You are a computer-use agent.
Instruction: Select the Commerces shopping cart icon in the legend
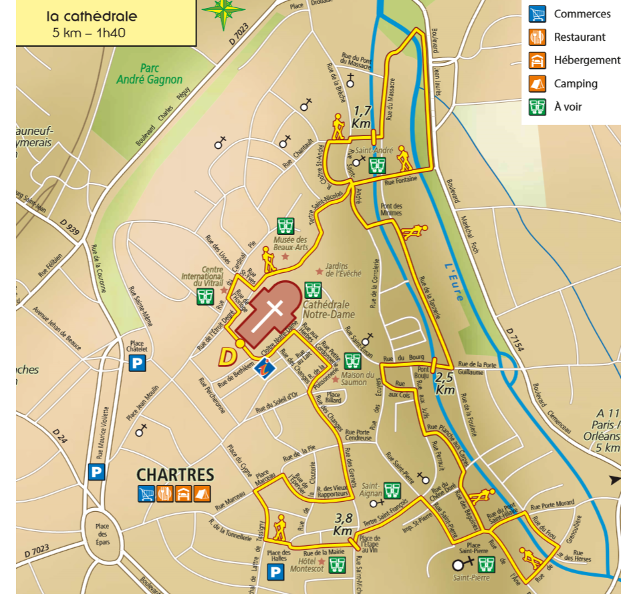[536, 14]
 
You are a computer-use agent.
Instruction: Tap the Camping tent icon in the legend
[536, 83]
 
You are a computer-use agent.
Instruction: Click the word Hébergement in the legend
[587, 60]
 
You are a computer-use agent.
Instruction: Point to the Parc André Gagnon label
[149, 73]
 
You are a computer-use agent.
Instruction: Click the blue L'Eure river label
[455, 281]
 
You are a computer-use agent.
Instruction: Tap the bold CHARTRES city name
[175, 475]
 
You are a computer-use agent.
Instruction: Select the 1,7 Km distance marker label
[362, 117]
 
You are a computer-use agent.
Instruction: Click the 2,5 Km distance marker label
[445, 383]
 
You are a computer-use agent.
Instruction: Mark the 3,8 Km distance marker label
[344, 525]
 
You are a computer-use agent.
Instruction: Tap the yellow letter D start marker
[228, 357]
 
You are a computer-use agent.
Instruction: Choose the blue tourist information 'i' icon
[267, 366]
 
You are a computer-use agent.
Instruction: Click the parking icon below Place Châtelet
[137, 363]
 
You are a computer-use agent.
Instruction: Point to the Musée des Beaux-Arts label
[289, 244]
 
